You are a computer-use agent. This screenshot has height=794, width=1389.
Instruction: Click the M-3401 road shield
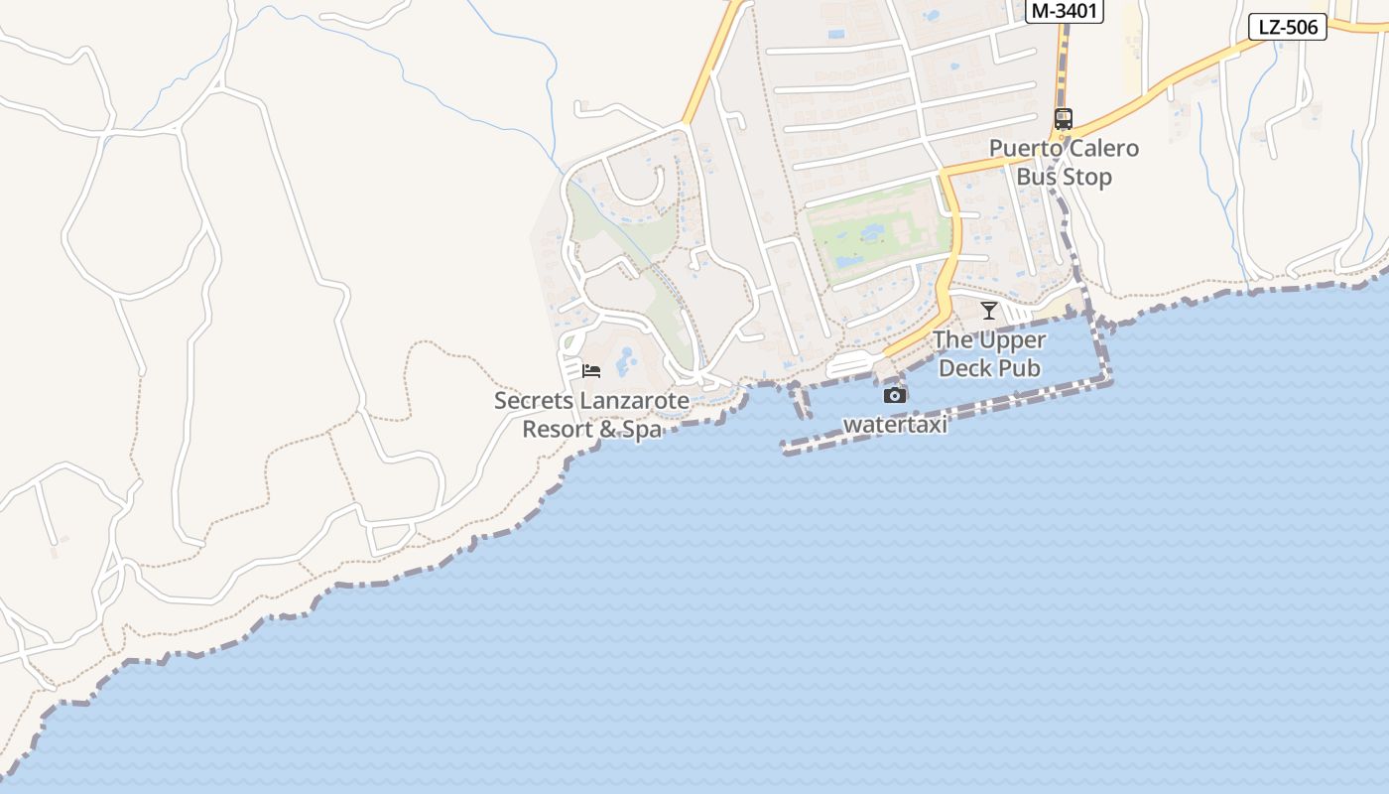pos(1066,11)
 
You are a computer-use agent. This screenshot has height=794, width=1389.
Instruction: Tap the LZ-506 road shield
pos(1288,27)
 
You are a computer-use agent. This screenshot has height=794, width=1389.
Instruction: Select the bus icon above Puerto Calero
pos(1064,119)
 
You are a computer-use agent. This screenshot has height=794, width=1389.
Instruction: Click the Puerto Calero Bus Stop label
pos(1064,163)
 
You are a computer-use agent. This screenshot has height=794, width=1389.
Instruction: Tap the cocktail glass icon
pos(989,311)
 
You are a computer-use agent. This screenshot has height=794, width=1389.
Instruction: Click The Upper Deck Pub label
pos(989,354)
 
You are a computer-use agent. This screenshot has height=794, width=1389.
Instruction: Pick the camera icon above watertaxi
pos(895,395)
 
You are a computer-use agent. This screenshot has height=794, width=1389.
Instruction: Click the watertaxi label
pos(895,425)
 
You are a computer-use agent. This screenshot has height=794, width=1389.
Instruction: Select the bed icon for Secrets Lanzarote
pos(591,371)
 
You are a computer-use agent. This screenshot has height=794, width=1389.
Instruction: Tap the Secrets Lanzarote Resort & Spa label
pos(591,415)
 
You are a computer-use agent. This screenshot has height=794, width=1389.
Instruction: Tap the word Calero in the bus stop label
pos(1101,149)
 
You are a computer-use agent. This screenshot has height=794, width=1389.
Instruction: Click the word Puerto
pos(1025,149)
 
